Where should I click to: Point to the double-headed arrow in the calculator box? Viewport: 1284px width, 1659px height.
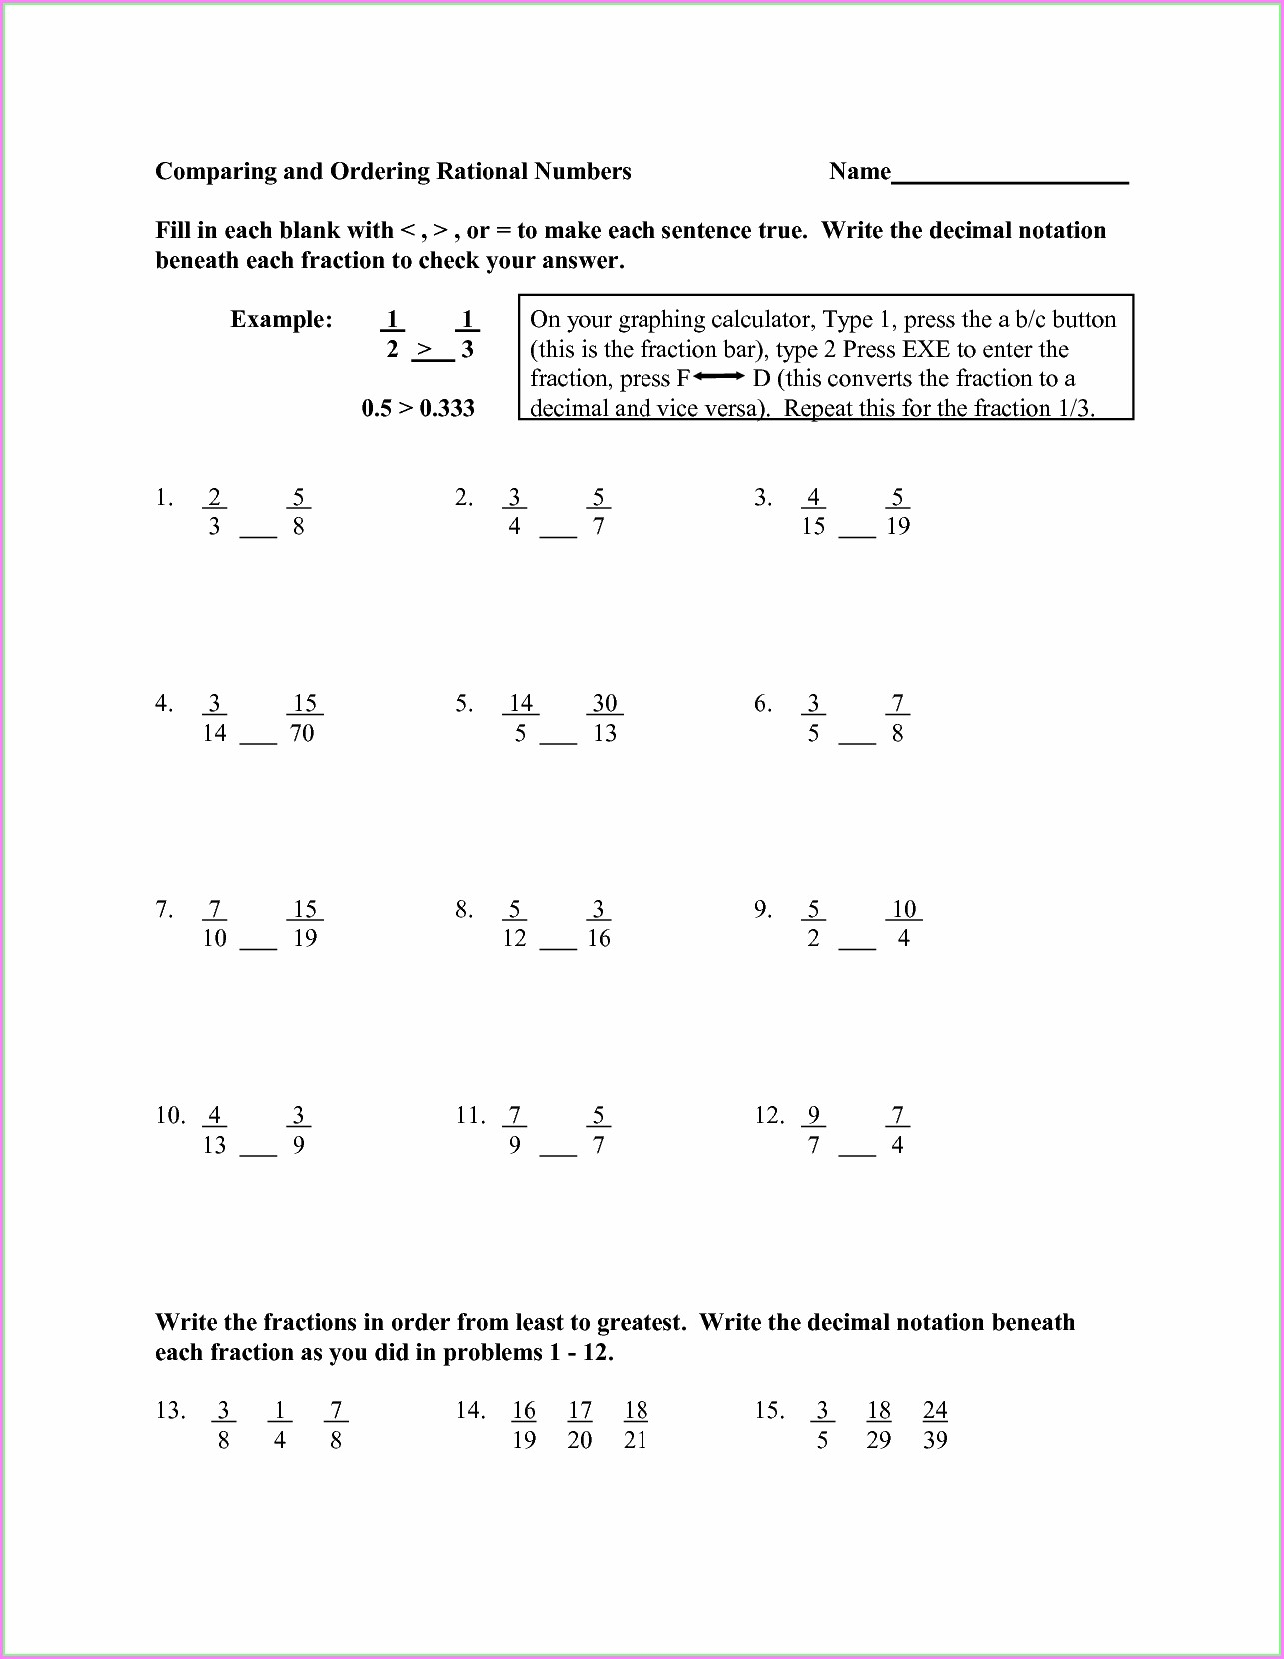click(x=719, y=377)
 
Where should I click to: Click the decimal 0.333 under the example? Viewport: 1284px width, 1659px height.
click(x=447, y=408)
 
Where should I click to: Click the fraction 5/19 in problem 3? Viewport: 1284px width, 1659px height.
click(x=897, y=512)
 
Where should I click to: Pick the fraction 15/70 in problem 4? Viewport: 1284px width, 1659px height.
click(x=304, y=718)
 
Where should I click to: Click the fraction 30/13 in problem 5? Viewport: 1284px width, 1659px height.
click(x=604, y=718)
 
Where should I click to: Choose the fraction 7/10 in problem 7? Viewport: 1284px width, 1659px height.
click(x=214, y=924)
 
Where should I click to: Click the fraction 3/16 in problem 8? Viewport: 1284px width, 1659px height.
click(x=598, y=924)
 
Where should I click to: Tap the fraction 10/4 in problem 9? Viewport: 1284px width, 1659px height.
click(x=903, y=924)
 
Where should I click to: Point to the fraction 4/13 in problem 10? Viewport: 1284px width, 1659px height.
click(x=214, y=1130)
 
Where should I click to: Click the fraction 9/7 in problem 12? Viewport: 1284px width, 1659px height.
click(x=813, y=1130)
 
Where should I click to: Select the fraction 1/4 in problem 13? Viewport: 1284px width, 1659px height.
click(x=279, y=1425)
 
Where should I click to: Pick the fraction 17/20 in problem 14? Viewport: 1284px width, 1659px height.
click(x=580, y=1425)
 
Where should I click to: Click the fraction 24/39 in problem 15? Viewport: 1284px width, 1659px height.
click(x=935, y=1425)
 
